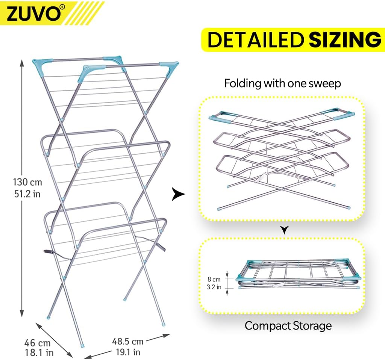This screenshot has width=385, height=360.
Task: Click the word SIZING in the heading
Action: coord(345,40)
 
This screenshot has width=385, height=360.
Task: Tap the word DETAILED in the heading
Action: coord(255,40)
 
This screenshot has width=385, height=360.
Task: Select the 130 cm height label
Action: coord(27,182)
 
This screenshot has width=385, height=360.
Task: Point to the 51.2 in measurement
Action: coord(27,194)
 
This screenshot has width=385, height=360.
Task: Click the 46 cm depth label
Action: coord(37,343)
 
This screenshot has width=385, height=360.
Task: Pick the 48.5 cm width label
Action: coord(128,341)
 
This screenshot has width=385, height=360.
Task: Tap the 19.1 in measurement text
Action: coord(128,352)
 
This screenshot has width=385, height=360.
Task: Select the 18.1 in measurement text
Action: coord(39,352)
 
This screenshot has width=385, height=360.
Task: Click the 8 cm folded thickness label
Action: coord(214,279)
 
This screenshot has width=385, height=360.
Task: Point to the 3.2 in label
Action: coord(214,287)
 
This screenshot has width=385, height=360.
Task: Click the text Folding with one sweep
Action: coord(282,83)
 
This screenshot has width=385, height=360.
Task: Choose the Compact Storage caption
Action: coord(288,326)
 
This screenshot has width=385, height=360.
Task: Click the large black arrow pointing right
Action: coord(179,194)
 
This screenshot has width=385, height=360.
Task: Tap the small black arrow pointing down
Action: coord(284,230)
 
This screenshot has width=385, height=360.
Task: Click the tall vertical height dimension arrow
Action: coord(22,188)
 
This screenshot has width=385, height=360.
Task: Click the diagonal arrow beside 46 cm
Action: coord(54,340)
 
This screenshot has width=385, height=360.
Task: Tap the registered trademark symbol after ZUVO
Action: coord(63,7)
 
